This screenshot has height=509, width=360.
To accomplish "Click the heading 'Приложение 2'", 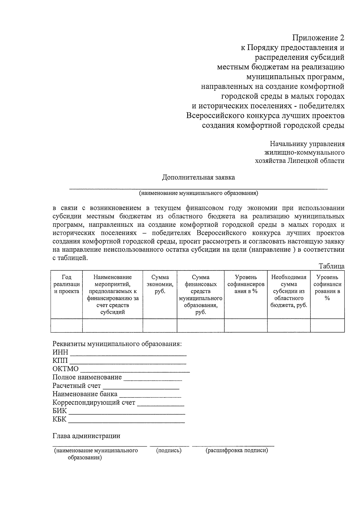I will [x=318, y=38].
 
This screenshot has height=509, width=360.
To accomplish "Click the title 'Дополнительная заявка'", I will [x=198, y=177].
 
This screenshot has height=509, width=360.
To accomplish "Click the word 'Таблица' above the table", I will [x=331, y=266].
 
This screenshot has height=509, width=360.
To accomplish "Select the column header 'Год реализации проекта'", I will [x=66, y=284].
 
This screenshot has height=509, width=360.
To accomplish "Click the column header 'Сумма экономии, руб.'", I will [x=160, y=284].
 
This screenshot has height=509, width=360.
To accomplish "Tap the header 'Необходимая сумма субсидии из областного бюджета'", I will [x=289, y=291].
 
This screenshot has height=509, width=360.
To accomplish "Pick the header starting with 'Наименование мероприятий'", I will [x=112, y=294].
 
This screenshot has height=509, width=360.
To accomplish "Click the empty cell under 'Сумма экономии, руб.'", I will [x=160, y=325].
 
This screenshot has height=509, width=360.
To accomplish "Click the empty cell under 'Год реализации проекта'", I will [x=66, y=325].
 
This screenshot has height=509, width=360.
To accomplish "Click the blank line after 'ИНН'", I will [x=128, y=353].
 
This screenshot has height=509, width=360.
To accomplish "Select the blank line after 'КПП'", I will [x=128, y=361].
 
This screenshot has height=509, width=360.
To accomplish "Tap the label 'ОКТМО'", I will [x=65, y=369].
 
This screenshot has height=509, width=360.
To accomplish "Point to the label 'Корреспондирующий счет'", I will [x=94, y=403].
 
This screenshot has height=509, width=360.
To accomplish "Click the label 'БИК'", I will [x=60, y=411].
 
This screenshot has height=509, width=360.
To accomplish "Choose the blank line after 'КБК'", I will [x=126, y=420].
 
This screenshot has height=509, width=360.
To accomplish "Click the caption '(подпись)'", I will [x=169, y=451].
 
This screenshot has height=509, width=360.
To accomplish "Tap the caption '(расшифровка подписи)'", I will [x=237, y=451].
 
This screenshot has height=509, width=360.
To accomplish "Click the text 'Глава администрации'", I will [x=86, y=436].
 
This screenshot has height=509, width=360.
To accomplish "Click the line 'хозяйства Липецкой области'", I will [x=299, y=161].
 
